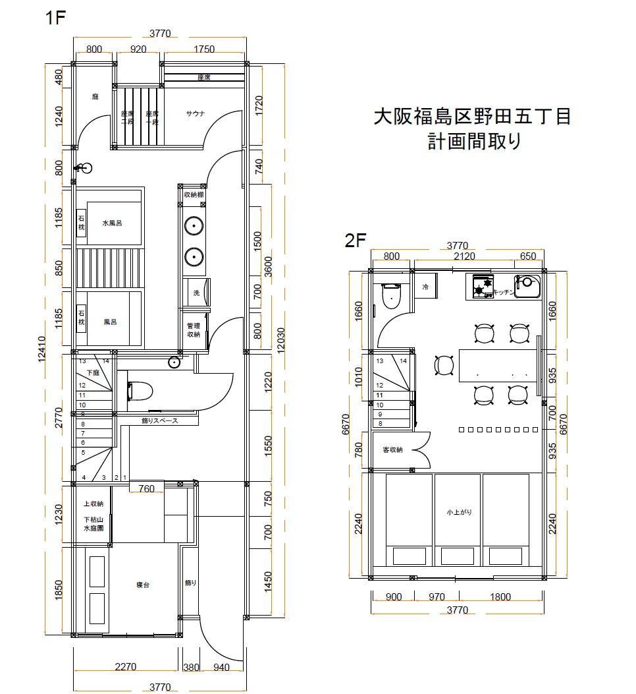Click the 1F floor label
tap(56, 18)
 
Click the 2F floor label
tap(355, 240)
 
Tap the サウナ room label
tap(196, 113)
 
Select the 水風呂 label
tap(113, 223)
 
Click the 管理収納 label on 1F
tap(193, 330)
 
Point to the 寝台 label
tap(143, 585)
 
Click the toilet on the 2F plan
tap(392, 296)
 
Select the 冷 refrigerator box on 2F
tap(425, 287)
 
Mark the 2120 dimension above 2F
tap(462, 256)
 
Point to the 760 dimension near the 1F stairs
tap(147, 488)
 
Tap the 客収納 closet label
tap(393, 449)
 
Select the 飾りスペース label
tap(159, 420)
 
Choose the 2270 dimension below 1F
tap(125, 667)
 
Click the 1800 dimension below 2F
tap(500, 597)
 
